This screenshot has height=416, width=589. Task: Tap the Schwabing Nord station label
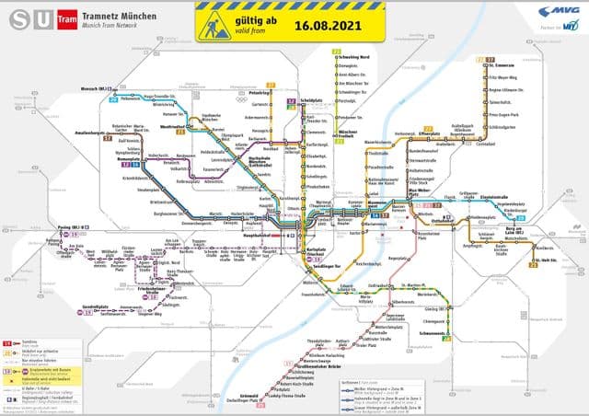355,56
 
